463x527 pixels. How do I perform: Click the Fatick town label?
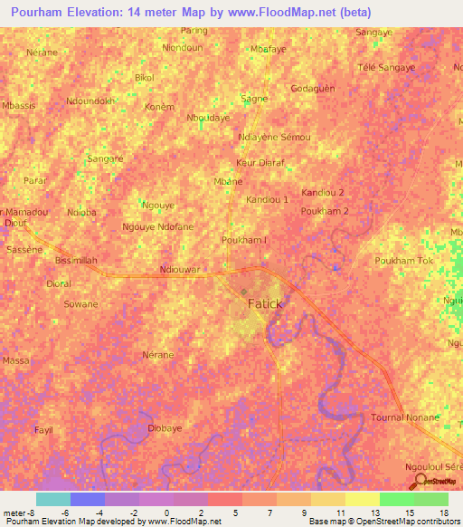coord(265,304)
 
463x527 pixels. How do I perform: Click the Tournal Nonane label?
coord(404,417)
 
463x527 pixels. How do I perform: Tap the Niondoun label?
coord(181,47)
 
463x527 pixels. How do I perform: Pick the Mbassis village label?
coord(19,106)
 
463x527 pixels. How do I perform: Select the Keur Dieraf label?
coord(260,163)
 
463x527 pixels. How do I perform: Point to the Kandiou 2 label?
coord(323,193)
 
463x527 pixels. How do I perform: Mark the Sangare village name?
coord(104,158)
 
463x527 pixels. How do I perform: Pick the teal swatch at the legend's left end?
coord(52,499)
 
